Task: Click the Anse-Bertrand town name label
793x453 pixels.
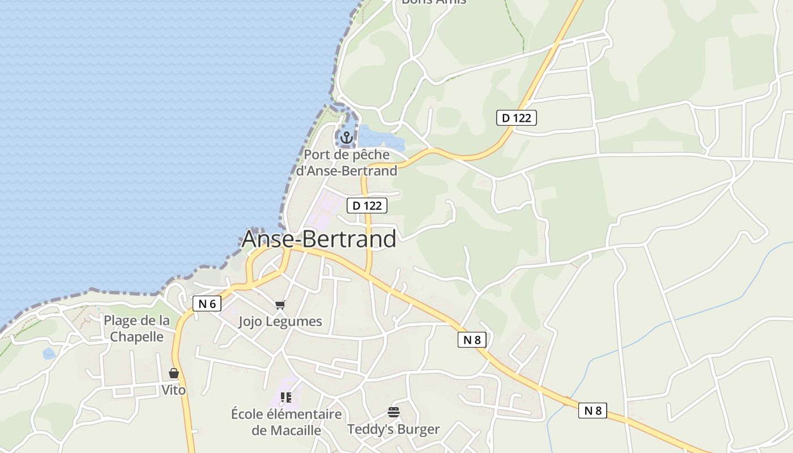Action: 319,239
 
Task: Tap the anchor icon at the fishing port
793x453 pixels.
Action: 346,137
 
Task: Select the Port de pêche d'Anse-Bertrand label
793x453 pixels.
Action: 347,163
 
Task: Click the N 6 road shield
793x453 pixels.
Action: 207,304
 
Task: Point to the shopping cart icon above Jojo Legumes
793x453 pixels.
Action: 280,305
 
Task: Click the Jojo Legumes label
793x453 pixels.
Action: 280,322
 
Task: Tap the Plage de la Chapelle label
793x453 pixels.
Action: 137,328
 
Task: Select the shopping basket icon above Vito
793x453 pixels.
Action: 174,374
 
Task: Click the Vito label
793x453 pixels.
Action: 173,390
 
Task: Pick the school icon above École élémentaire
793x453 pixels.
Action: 286,398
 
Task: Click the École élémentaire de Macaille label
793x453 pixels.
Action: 286,422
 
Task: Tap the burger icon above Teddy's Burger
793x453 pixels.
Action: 394,412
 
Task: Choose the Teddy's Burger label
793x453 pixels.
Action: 394,429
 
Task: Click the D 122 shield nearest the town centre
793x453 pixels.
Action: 367,206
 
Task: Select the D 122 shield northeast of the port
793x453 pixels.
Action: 516,118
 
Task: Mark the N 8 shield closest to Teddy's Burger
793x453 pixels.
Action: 472,340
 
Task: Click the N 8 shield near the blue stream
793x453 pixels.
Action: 592,411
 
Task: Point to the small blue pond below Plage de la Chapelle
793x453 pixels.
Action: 49,354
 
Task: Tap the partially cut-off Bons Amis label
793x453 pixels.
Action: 433,2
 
